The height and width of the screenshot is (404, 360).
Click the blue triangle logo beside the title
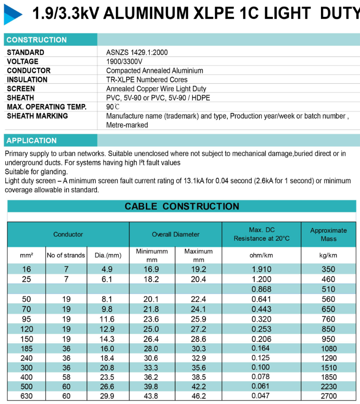coord(13,14)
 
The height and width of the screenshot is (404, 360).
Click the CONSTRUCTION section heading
coord(37,40)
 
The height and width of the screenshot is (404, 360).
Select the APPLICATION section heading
coord(32,140)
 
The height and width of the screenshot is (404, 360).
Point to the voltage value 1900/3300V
coord(124,62)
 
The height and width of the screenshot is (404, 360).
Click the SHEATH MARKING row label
coord(37,116)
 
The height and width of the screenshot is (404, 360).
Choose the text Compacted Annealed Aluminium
coord(154,71)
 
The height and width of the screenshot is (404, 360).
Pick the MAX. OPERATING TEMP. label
coord(47,107)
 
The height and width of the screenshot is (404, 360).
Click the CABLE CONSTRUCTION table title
coord(182,206)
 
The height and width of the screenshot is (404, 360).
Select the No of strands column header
coord(66,255)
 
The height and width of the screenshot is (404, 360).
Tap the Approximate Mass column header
coord(328,234)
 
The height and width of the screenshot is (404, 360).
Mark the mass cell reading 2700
coord(328,396)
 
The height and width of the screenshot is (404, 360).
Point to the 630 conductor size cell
coord(26,396)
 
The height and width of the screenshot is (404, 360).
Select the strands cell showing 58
coord(66,377)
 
